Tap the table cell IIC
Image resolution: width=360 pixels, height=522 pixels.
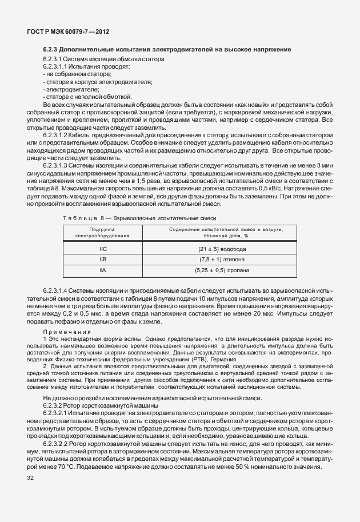103,249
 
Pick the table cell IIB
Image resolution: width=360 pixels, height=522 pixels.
103,260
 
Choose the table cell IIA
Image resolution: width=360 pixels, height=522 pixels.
103,270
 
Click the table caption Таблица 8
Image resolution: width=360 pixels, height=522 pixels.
83,218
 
